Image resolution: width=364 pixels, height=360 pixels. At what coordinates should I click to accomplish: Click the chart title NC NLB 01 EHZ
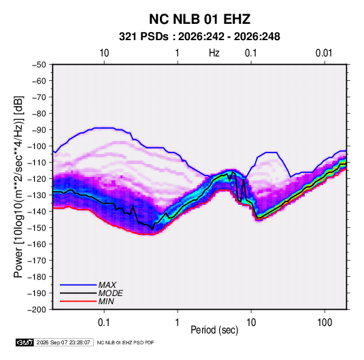tap(199, 19)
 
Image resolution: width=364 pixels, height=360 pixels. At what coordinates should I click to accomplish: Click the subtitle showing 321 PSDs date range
tap(199, 37)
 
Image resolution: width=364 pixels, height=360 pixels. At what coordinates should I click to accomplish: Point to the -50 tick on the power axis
tap(39, 65)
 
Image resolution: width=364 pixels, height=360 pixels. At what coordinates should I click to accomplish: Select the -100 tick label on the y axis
tap(37, 146)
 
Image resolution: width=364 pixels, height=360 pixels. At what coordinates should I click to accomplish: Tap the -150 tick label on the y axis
tap(37, 228)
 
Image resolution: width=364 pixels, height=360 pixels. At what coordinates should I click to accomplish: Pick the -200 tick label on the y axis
tap(37, 310)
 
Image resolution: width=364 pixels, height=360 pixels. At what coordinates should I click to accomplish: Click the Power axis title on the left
tap(18, 186)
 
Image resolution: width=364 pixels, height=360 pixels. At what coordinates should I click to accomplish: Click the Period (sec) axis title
tap(214, 330)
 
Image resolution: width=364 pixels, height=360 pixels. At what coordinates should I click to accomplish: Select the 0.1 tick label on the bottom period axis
tap(104, 323)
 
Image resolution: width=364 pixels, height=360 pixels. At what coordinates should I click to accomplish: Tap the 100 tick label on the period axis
tap(325, 323)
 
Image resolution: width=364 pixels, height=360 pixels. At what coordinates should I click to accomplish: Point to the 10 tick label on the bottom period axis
tap(251, 323)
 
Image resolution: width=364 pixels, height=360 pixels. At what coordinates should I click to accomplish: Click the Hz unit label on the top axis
tap(214, 53)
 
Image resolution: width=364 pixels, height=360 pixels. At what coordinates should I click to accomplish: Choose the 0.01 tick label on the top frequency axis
tap(324, 53)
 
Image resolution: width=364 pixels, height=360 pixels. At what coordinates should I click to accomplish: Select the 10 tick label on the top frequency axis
tap(104, 53)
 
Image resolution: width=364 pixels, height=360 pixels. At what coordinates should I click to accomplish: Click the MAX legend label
tap(107, 285)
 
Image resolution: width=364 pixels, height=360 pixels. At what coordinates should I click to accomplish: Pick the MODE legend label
tap(110, 293)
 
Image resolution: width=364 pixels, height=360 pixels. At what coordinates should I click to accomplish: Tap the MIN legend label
tap(106, 301)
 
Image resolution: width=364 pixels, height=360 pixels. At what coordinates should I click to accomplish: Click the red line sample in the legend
tap(78, 301)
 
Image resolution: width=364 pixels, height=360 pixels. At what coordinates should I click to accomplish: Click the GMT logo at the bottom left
tap(24, 342)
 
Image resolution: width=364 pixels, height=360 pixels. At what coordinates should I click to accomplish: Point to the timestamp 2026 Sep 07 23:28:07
tap(63, 342)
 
